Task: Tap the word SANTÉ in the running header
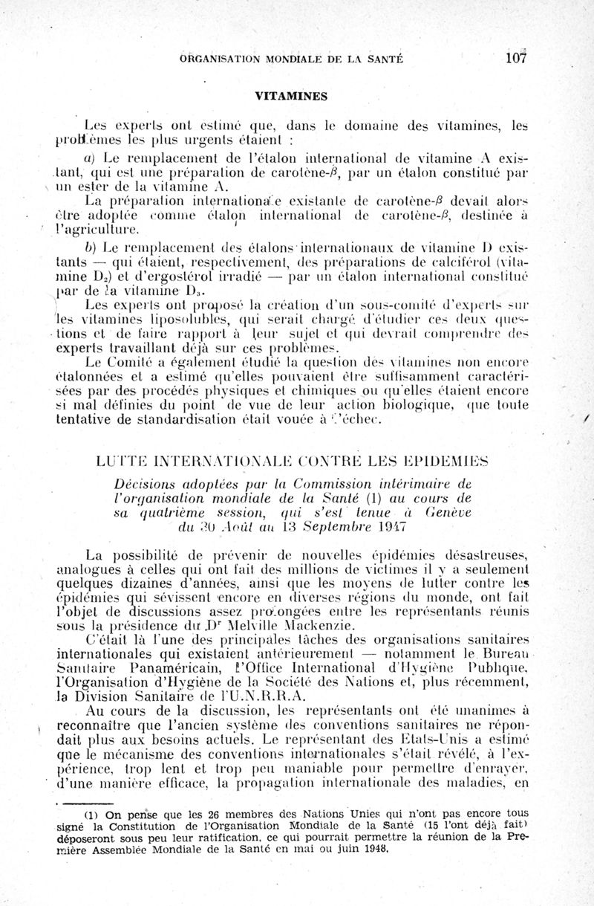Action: (x=380, y=59)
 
